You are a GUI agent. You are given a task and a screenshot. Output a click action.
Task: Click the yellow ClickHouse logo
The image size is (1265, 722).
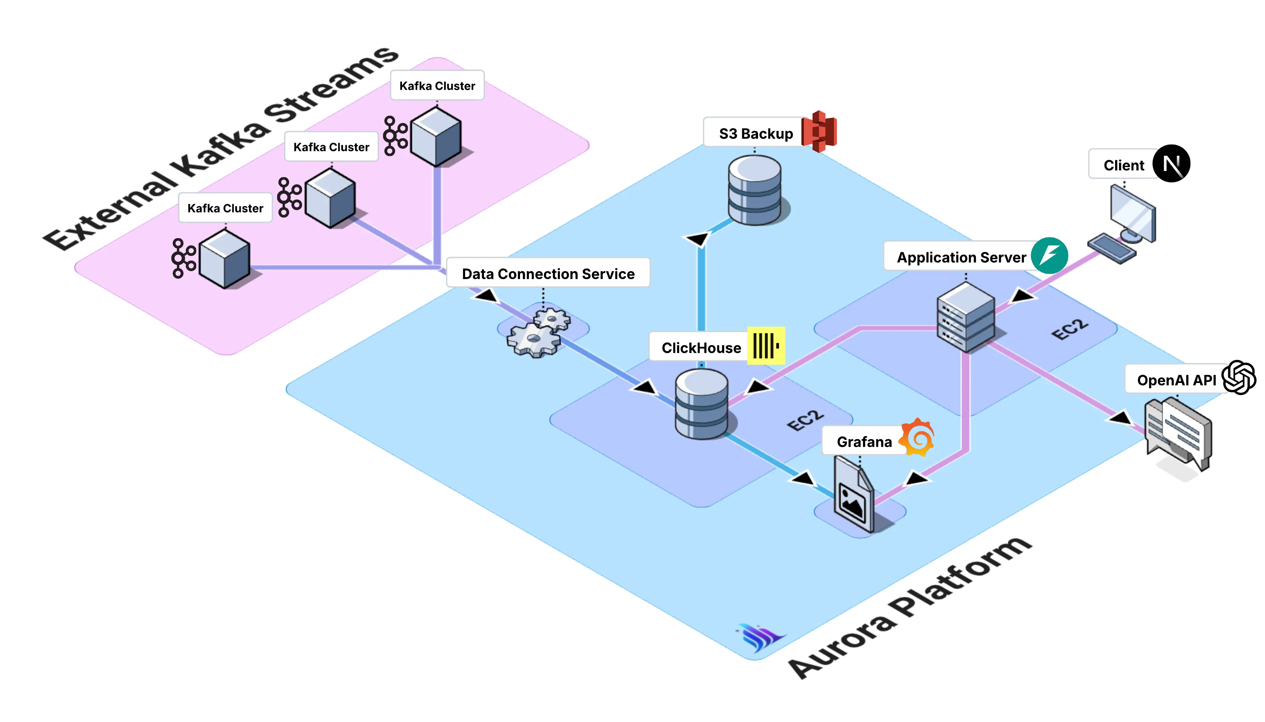coord(766,346)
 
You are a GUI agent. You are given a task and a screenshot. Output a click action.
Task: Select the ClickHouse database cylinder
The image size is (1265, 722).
coord(701,404)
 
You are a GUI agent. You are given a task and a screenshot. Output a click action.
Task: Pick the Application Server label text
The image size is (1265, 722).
coord(961,257)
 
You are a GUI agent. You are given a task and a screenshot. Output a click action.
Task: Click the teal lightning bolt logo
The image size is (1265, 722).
coord(1049,256)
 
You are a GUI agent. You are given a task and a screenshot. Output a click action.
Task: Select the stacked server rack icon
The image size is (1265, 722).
coord(965,317)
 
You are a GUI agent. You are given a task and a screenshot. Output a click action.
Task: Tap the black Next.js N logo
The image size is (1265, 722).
coord(1171,164)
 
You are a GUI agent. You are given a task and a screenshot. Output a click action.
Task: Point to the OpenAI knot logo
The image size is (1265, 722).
coord(1238,378)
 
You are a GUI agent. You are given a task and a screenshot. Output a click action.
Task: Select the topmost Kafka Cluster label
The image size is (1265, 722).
coord(437,86)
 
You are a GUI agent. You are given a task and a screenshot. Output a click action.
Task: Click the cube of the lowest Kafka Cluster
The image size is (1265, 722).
coord(224,259)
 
